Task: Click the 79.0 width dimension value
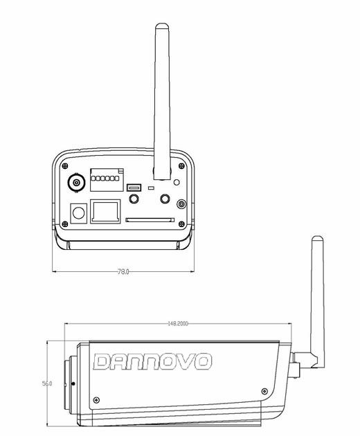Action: click(122, 272)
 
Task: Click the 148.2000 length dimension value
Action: click(178, 323)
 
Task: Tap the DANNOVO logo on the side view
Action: click(153, 362)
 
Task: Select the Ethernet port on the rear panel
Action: click(106, 210)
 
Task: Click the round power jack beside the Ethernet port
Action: click(79, 212)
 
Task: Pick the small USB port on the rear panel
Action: click(134, 187)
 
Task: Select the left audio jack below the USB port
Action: click(134, 199)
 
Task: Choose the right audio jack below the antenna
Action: click(165, 199)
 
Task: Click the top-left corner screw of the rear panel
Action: click(64, 166)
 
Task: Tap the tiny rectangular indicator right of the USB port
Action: click(151, 188)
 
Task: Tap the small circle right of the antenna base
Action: click(177, 182)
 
